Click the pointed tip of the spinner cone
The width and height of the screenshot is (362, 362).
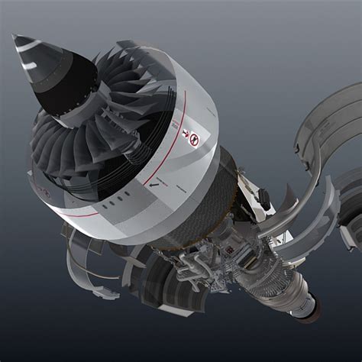(x=15, y=37)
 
